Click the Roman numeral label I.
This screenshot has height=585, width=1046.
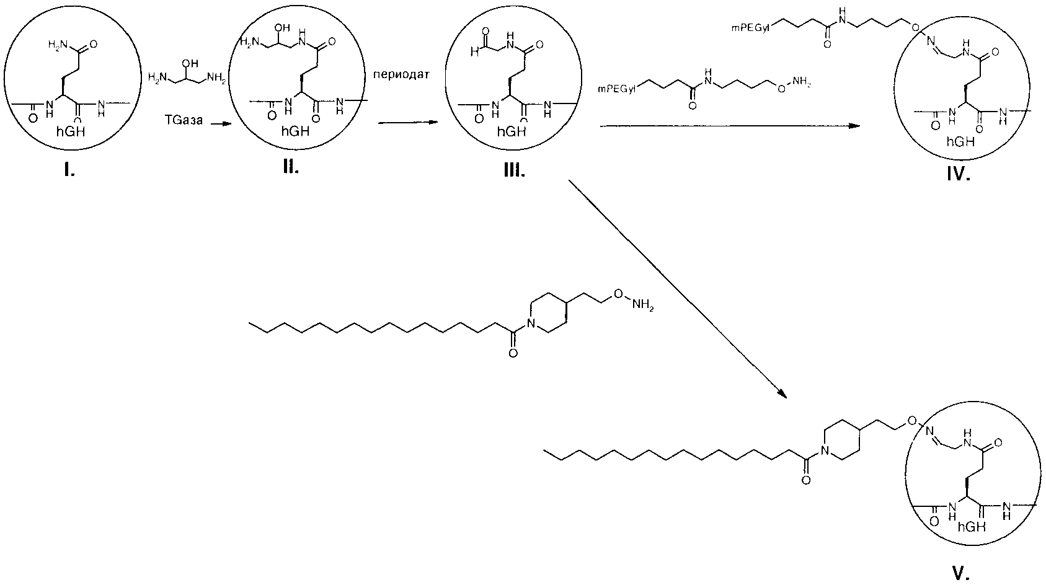69,171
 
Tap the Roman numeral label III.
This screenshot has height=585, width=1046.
514,171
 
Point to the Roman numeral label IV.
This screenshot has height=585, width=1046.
959,174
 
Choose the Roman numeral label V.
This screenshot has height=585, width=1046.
960,573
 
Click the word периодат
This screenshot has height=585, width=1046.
401,75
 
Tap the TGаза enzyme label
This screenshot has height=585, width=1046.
184,120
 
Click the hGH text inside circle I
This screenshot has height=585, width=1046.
71,131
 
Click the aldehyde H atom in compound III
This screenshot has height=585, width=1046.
474,53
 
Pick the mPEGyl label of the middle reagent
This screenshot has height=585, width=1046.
617,89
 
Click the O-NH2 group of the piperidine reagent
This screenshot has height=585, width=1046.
634,300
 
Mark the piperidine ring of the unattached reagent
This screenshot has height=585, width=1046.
547,313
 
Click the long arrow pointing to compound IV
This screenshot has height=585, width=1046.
729,126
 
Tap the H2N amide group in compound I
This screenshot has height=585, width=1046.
59,45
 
